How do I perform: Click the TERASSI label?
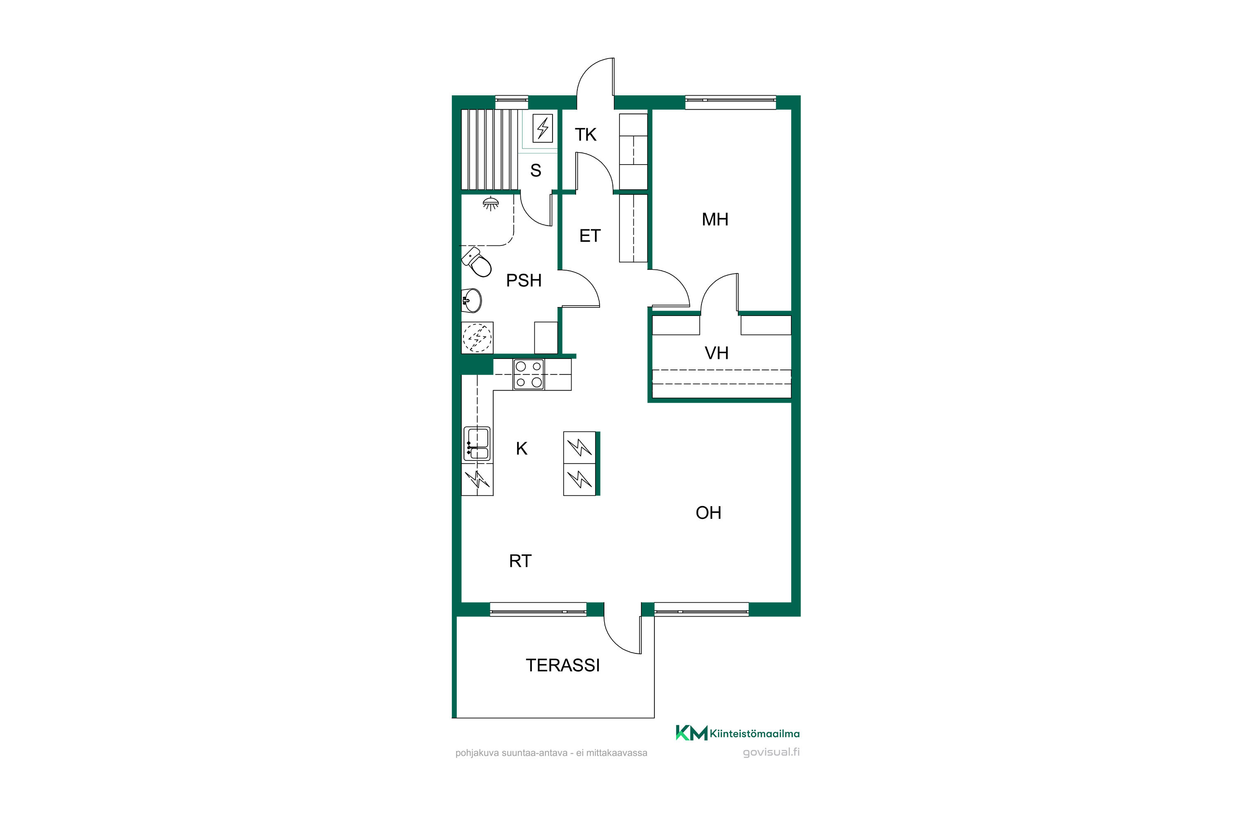point(563,666)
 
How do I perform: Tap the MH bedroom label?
point(715,219)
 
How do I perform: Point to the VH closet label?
point(716,353)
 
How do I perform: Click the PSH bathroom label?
point(524,280)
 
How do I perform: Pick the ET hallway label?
point(590,236)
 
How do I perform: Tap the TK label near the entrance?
point(585,135)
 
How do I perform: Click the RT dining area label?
point(520,561)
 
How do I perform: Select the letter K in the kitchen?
point(522,448)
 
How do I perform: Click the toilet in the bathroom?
point(477,262)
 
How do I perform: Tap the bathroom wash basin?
point(472,300)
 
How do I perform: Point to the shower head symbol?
point(491,204)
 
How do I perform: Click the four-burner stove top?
point(529,374)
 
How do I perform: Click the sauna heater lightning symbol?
point(543,128)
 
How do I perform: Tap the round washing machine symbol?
point(477,337)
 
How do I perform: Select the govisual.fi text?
point(771,752)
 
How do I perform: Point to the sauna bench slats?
point(489,149)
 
